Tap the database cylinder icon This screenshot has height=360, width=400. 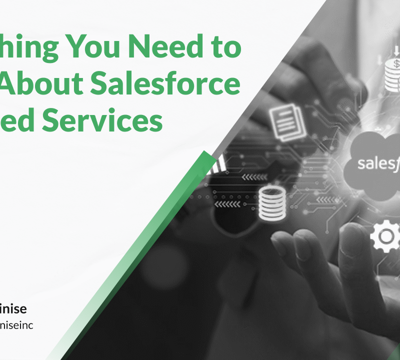click(272, 203)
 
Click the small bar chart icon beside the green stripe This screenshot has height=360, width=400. click(220, 163)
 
